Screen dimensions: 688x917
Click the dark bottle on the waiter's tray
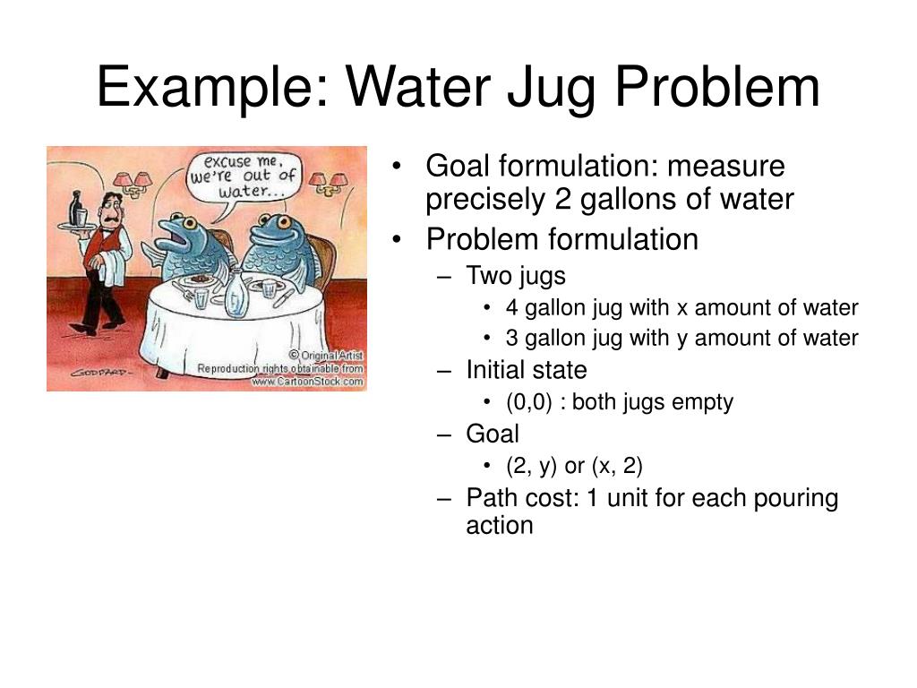point(76,207)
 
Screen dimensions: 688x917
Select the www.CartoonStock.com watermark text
point(307,382)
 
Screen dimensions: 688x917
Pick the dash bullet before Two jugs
point(446,275)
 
